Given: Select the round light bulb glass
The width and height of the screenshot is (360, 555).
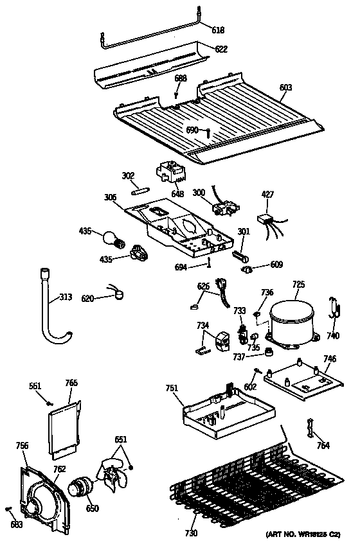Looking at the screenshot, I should point(111,240).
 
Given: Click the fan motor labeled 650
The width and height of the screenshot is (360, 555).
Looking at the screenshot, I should point(80,487).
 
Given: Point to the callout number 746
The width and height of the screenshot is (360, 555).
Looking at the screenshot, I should point(329,360).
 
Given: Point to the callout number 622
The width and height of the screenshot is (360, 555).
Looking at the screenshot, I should point(221,49).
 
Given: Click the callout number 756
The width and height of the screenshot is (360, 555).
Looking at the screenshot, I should point(22,445).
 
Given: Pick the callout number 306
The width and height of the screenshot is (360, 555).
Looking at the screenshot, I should point(110,198).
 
